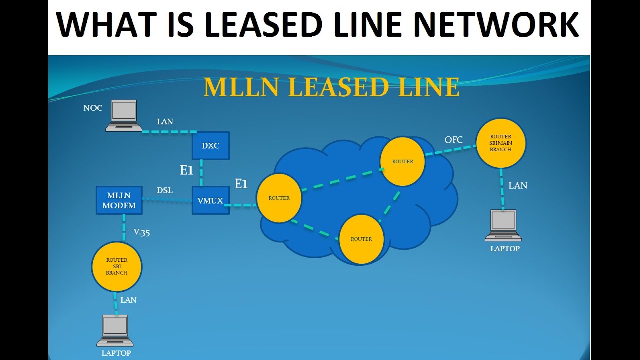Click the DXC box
coord(211,146)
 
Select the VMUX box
coord(211,200)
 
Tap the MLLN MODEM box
coord(119,200)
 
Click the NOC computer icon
coord(123,116)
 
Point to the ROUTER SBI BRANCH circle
coord(117,266)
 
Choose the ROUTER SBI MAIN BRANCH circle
coord(500,143)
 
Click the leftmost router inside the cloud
coord(279,198)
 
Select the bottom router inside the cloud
coord(361,239)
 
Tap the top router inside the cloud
coord(402,161)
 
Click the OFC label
coord(454,140)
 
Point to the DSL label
coord(165,190)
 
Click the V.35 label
coord(142,232)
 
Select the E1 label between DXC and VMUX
coord(186,170)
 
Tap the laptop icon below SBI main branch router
coord(504,225)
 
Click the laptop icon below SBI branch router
coord(115,330)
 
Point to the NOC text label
coord(93,108)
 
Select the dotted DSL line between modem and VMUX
coord(167,201)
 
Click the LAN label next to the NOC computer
coord(165,121)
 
